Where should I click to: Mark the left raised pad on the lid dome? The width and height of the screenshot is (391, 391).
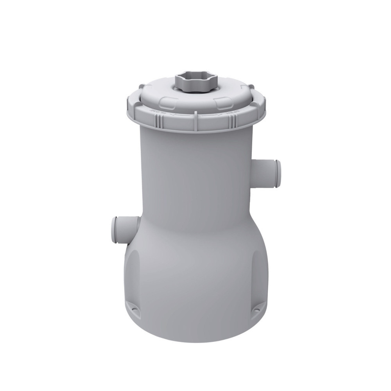click(164, 100)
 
